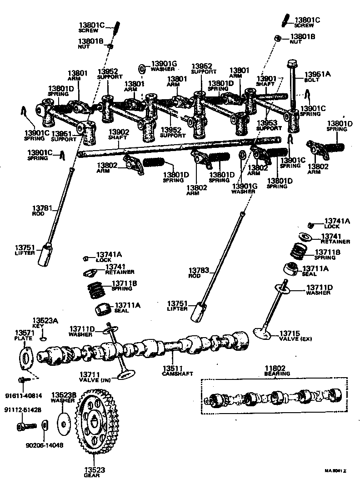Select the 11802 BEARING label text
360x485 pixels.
pos(277,370)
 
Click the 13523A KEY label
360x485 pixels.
pos(45,323)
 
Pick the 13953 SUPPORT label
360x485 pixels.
pos(269,126)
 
